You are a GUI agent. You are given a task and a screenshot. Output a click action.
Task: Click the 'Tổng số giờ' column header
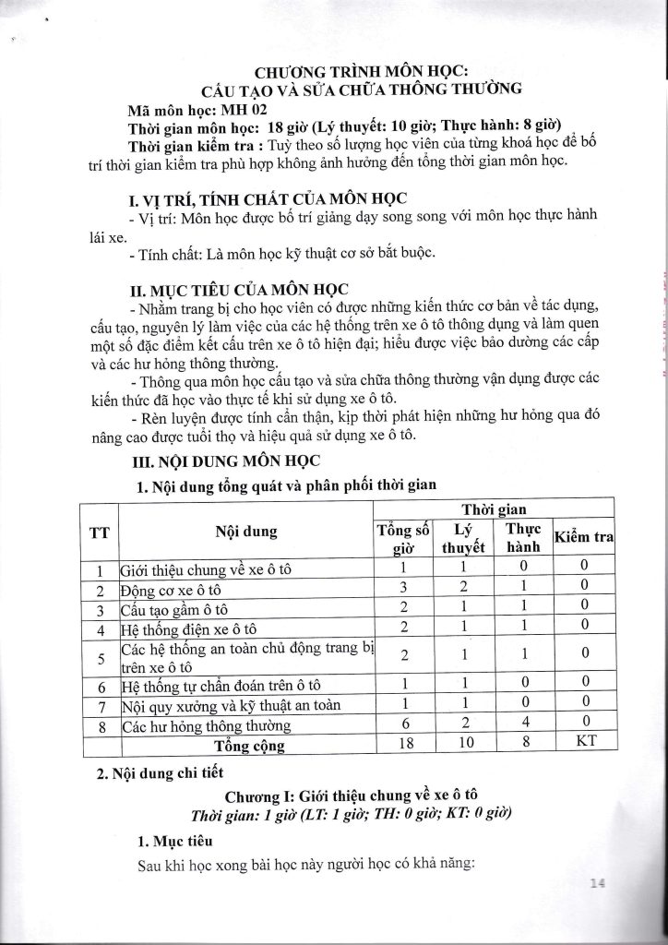pos(403,537)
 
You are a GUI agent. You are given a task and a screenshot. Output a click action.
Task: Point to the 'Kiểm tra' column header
pos(583,537)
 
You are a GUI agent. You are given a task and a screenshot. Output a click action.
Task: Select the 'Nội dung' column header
pos(245,532)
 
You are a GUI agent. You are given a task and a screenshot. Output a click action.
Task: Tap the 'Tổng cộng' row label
pos(245,745)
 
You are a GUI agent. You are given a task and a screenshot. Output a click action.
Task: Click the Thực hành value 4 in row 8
pos(523,726)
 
